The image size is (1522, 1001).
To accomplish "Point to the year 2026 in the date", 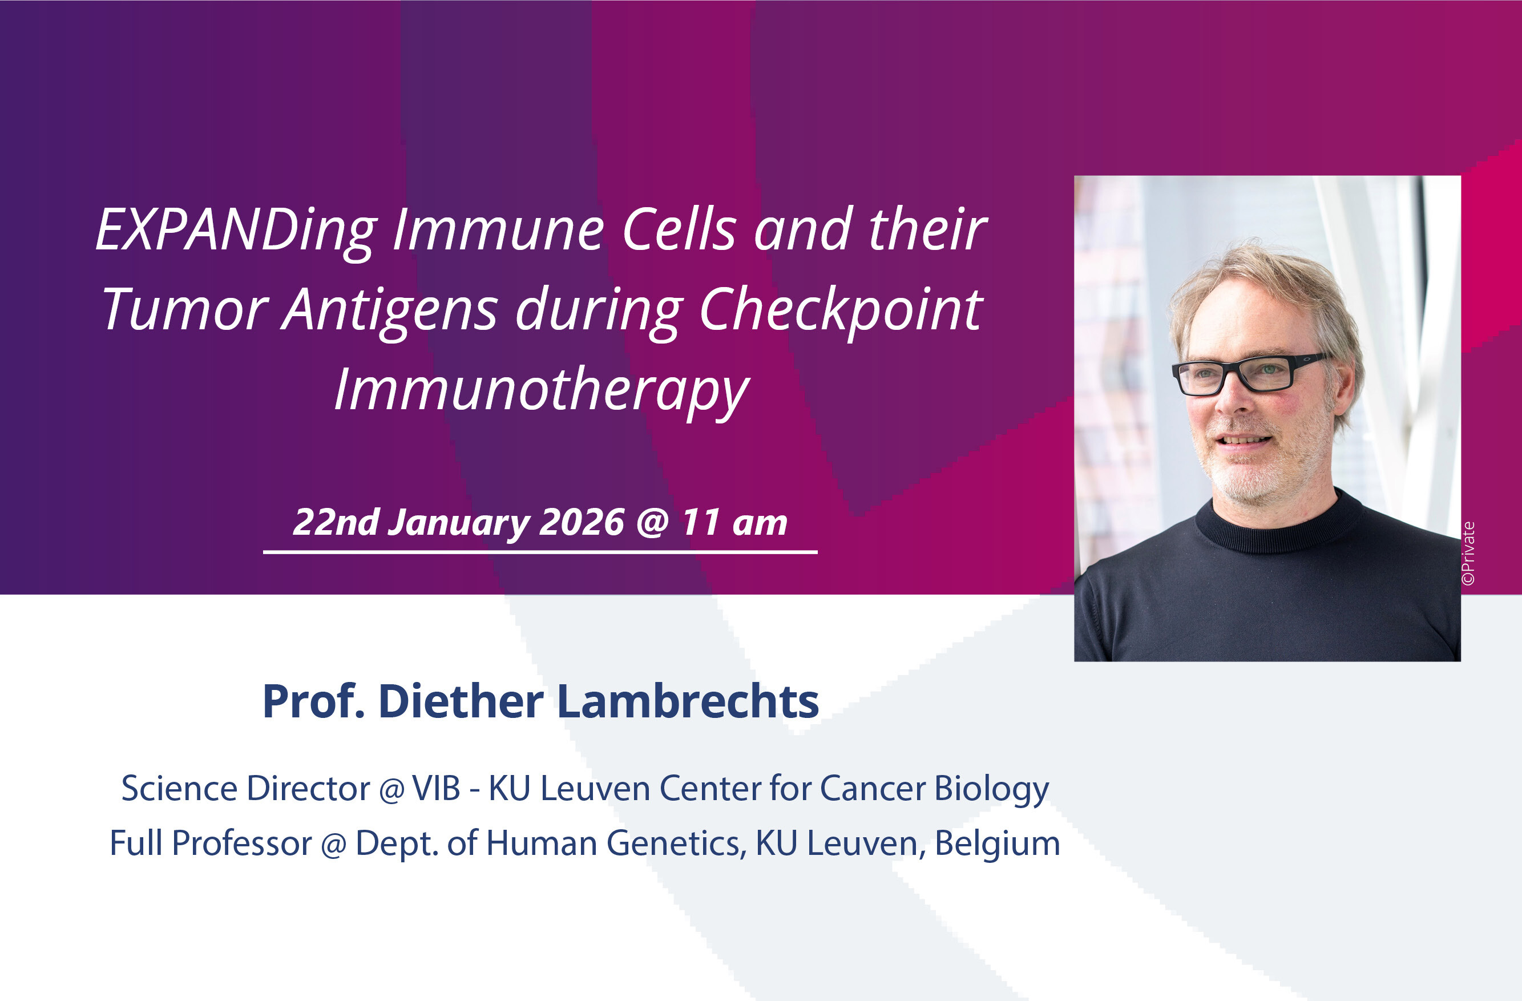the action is pyautogui.click(x=582, y=523).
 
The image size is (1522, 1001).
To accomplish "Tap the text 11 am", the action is pyautogui.click(x=734, y=523).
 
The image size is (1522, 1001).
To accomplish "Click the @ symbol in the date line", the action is pyautogui.click(x=652, y=523).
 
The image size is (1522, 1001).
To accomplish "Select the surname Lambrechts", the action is pyautogui.click(x=688, y=701).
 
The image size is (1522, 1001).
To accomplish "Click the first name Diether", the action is pyautogui.click(x=461, y=701).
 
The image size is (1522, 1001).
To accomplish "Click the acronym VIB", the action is pyautogui.click(x=436, y=788).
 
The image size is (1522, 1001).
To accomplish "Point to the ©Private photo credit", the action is pyautogui.click(x=1468, y=553).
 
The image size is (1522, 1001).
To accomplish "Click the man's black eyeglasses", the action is pyautogui.click(x=1250, y=374).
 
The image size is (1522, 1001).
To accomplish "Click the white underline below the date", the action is pyautogui.click(x=540, y=551).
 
